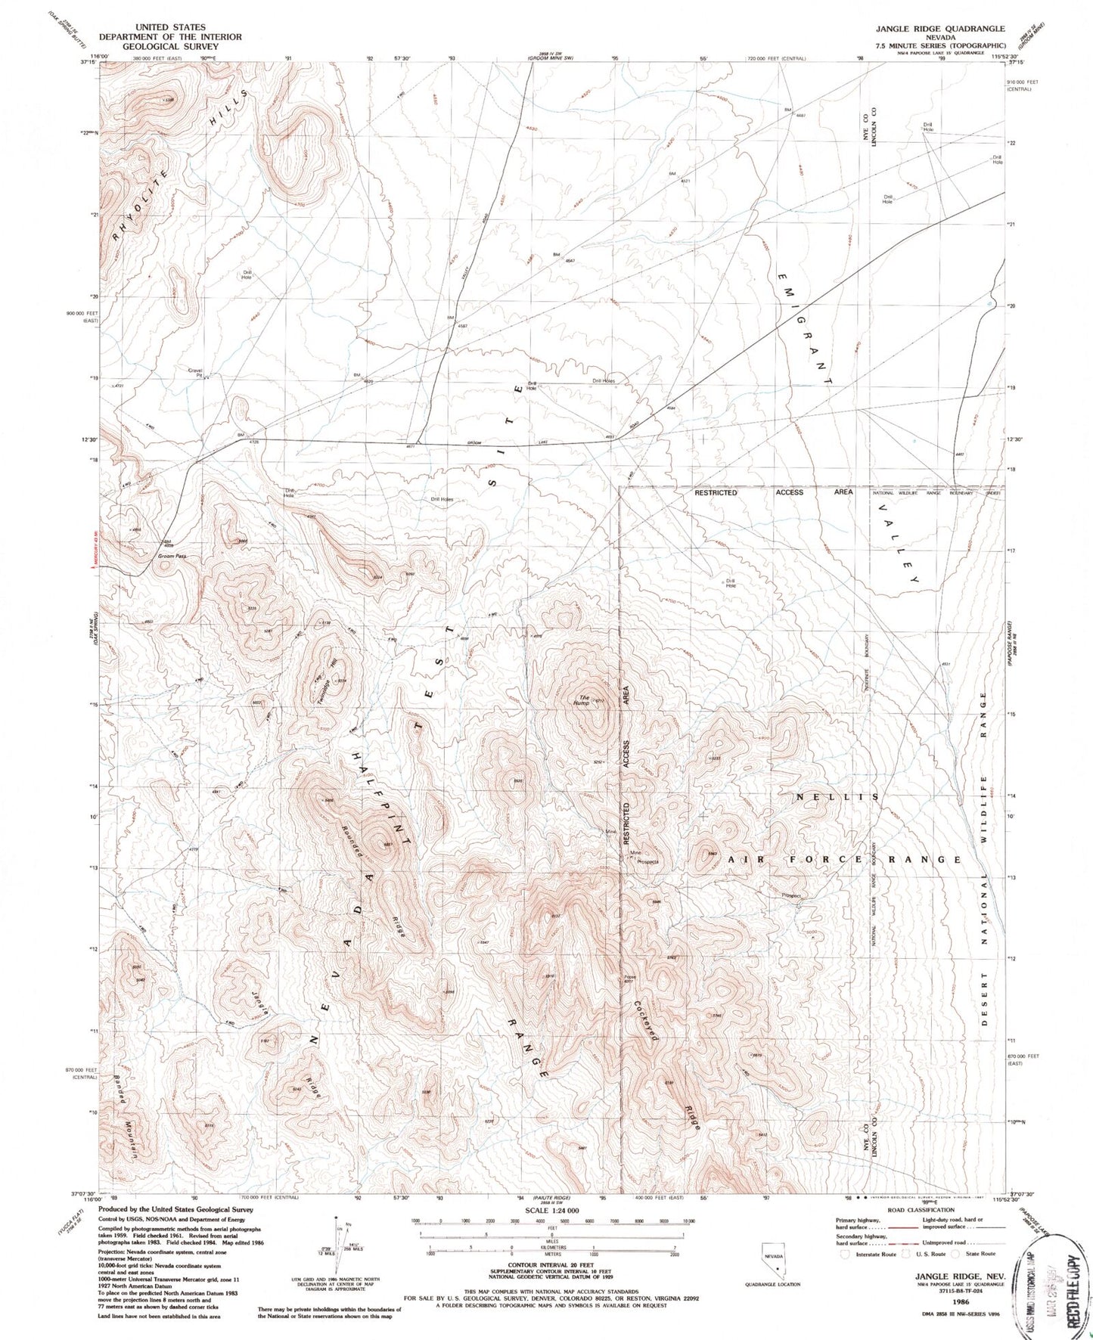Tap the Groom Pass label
(x=172, y=556)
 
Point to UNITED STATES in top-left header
(x=172, y=27)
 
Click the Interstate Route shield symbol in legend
(x=846, y=1253)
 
